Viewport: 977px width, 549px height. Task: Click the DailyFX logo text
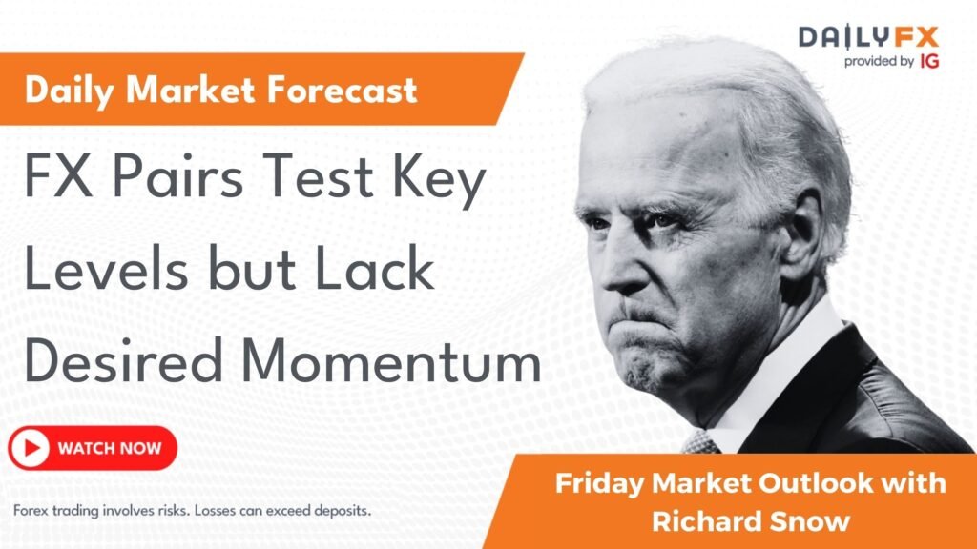[x=868, y=37]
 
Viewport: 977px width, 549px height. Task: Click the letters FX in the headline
[x=55, y=182]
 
